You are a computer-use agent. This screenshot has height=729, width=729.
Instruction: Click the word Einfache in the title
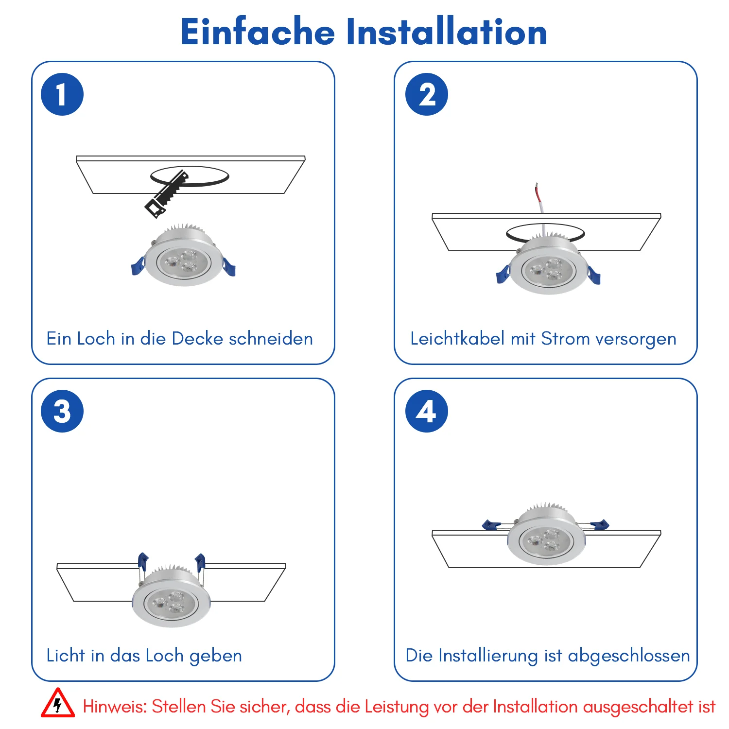(x=258, y=32)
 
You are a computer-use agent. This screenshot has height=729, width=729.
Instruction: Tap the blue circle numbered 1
(x=62, y=94)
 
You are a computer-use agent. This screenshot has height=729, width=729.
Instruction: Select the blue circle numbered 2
(x=427, y=94)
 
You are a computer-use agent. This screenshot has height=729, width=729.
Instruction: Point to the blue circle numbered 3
(x=62, y=411)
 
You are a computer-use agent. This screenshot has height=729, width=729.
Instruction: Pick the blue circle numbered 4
(x=427, y=411)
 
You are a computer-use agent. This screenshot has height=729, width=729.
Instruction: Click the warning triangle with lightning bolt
(x=58, y=703)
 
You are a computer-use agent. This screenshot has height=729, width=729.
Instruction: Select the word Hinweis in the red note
(x=115, y=706)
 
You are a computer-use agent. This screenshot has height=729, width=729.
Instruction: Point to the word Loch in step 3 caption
(x=165, y=655)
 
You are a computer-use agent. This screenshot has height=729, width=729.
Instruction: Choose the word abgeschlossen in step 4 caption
(x=629, y=656)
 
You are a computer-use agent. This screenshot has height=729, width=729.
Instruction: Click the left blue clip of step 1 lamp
(x=138, y=266)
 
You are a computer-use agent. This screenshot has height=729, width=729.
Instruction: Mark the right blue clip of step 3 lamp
(x=200, y=562)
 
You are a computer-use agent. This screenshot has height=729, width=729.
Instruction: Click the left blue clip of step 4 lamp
(x=491, y=524)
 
